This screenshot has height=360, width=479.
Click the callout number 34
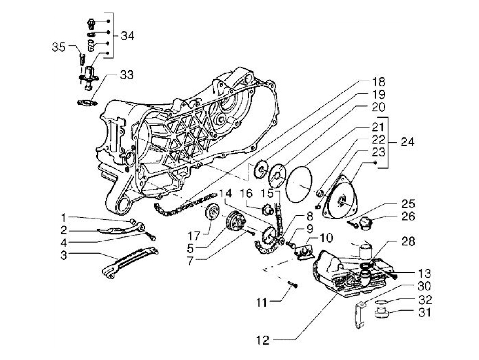[127, 36]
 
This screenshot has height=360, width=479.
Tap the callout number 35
[59, 47]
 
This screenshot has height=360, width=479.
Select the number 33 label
[127, 75]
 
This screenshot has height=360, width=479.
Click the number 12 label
[263, 340]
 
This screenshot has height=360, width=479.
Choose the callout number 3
[64, 255]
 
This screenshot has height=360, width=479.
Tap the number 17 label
[193, 236]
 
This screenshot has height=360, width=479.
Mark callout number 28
[408, 242]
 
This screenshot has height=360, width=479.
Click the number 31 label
[424, 312]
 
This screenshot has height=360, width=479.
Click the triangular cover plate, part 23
[340, 198]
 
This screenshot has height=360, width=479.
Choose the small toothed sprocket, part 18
[260, 170]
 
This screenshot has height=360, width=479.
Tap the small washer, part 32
[381, 301]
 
